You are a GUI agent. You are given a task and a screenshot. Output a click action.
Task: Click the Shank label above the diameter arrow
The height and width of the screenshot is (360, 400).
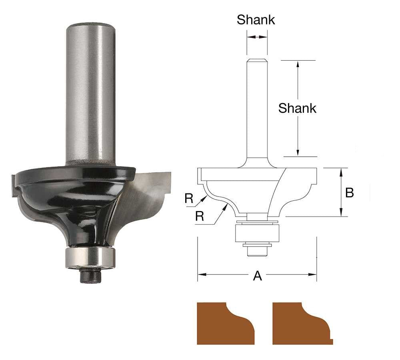(x=256, y=20)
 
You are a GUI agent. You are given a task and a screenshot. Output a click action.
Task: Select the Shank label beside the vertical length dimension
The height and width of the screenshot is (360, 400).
(x=297, y=108)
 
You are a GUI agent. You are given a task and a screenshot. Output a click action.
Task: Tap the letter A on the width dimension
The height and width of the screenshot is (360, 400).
(x=258, y=275)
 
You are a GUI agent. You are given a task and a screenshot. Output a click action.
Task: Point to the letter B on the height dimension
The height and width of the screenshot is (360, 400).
(x=349, y=193)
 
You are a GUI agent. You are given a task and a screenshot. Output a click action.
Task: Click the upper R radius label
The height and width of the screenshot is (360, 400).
(x=189, y=198)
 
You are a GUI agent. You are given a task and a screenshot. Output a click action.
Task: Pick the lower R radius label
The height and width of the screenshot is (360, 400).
(x=200, y=216)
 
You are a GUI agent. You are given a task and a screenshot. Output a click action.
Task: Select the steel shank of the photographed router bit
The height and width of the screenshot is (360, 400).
(x=90, y=92)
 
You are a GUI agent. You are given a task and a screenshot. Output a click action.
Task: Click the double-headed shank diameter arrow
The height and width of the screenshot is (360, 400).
(x=257, y=37)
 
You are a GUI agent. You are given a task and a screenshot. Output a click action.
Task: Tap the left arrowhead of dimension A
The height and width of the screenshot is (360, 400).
(x=200, y=274)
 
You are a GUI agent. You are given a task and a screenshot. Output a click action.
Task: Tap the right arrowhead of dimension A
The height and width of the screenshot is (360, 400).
(x=314, y=274)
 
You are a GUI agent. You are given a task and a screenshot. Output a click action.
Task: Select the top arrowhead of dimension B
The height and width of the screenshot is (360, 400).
(x=341, y=171)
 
